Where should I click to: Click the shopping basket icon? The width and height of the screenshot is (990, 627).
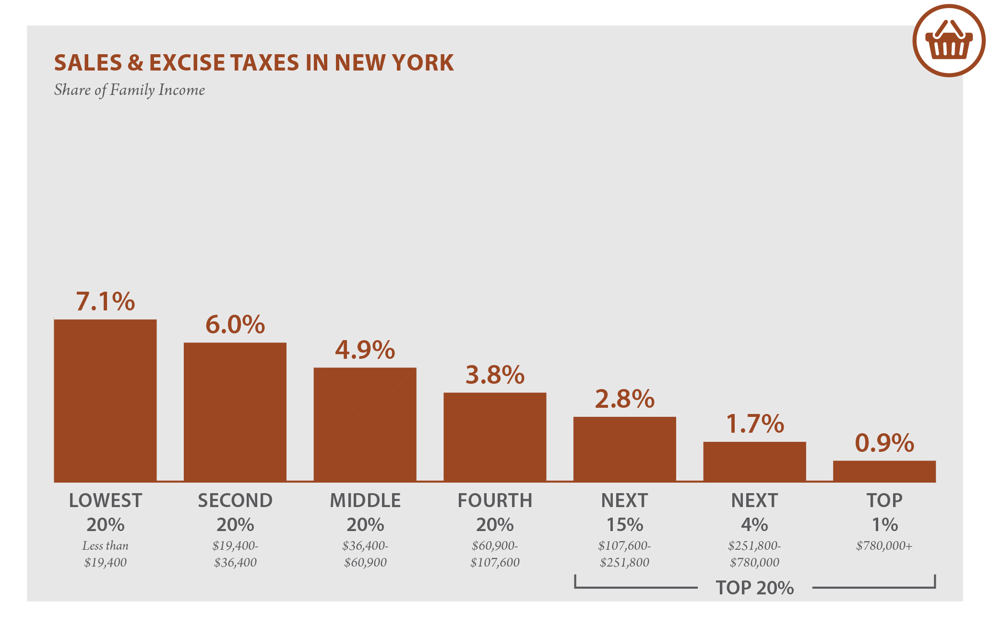point(949,41)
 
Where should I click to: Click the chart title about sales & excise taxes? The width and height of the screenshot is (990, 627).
point(253,63)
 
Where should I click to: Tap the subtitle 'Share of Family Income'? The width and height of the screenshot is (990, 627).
point(129,90)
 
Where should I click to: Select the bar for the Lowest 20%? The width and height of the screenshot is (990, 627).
point(105,401)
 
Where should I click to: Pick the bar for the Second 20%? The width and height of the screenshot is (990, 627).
point(235,412)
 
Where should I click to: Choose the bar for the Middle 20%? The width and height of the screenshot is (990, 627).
point(365,425)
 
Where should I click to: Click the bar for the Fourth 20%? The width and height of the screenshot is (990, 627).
point(495,437)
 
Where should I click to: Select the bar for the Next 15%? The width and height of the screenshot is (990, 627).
point(624,449)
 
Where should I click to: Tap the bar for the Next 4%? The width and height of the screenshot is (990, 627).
point(754,461)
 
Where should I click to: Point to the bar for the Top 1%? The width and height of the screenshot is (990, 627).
point(884,471)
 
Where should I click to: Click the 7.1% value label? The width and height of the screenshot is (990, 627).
point(105,301)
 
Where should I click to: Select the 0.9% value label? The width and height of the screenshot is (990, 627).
point(884,443)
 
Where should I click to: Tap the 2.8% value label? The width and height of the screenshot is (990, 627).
point(624,399)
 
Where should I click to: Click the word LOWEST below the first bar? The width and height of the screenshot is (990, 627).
point(105,500)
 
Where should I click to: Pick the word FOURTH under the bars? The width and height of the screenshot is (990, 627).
point(495,500)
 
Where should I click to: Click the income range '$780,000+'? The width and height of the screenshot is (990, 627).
point(884,546)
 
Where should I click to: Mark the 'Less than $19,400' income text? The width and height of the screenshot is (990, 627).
point(105,554)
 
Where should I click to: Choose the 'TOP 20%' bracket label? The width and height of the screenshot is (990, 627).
point(754,588)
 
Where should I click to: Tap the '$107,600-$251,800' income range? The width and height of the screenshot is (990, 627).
point(624,554)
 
